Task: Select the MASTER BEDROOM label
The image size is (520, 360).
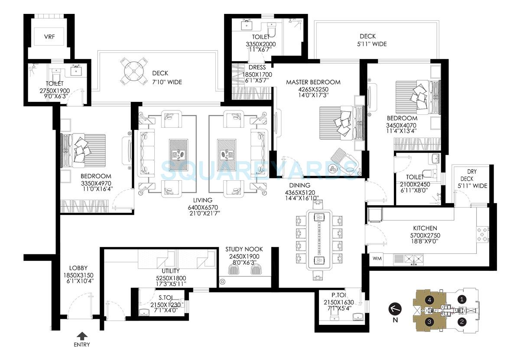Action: tap(313, 82)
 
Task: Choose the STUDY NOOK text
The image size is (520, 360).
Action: tap(244, 250)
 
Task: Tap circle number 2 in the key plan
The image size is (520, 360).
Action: tap(462, 321)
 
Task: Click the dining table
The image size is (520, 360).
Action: tap(319, 240)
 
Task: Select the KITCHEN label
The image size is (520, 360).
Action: tap(425, 228)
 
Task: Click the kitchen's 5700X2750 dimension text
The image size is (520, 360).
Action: tap(425, 236)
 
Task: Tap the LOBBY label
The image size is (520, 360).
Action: tap(78, 268)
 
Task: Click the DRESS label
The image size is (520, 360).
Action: tap(257, 67)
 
